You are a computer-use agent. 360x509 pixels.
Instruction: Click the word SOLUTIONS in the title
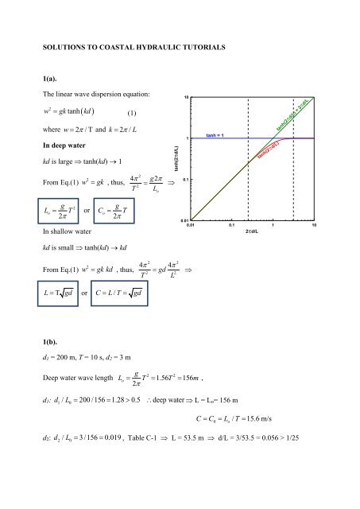[x=56, y=48]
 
